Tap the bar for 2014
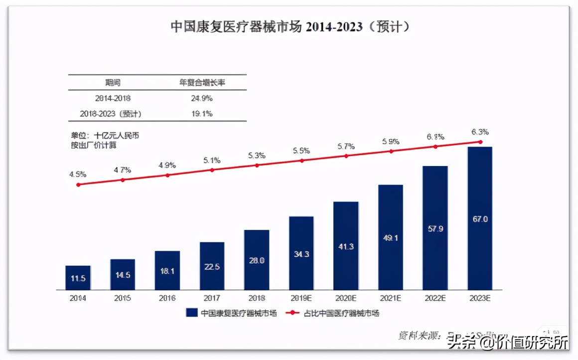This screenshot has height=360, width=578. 78,278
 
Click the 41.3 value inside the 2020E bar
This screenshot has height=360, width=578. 346,246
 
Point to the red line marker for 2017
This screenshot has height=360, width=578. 212,170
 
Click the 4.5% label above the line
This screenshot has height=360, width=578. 78,175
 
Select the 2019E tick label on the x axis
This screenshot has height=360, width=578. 301,299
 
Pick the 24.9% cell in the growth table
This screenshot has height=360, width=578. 202,98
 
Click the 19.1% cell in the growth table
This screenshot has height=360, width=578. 202,114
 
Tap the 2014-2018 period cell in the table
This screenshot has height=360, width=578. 113,98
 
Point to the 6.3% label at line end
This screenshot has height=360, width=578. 480,132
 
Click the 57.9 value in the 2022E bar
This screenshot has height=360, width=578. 435,229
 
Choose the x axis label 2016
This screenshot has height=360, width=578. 167,299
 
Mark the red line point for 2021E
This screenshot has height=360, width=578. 391,151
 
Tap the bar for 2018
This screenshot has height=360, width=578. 257,260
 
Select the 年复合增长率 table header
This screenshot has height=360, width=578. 202,82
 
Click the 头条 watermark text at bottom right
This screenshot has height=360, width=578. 459,344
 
